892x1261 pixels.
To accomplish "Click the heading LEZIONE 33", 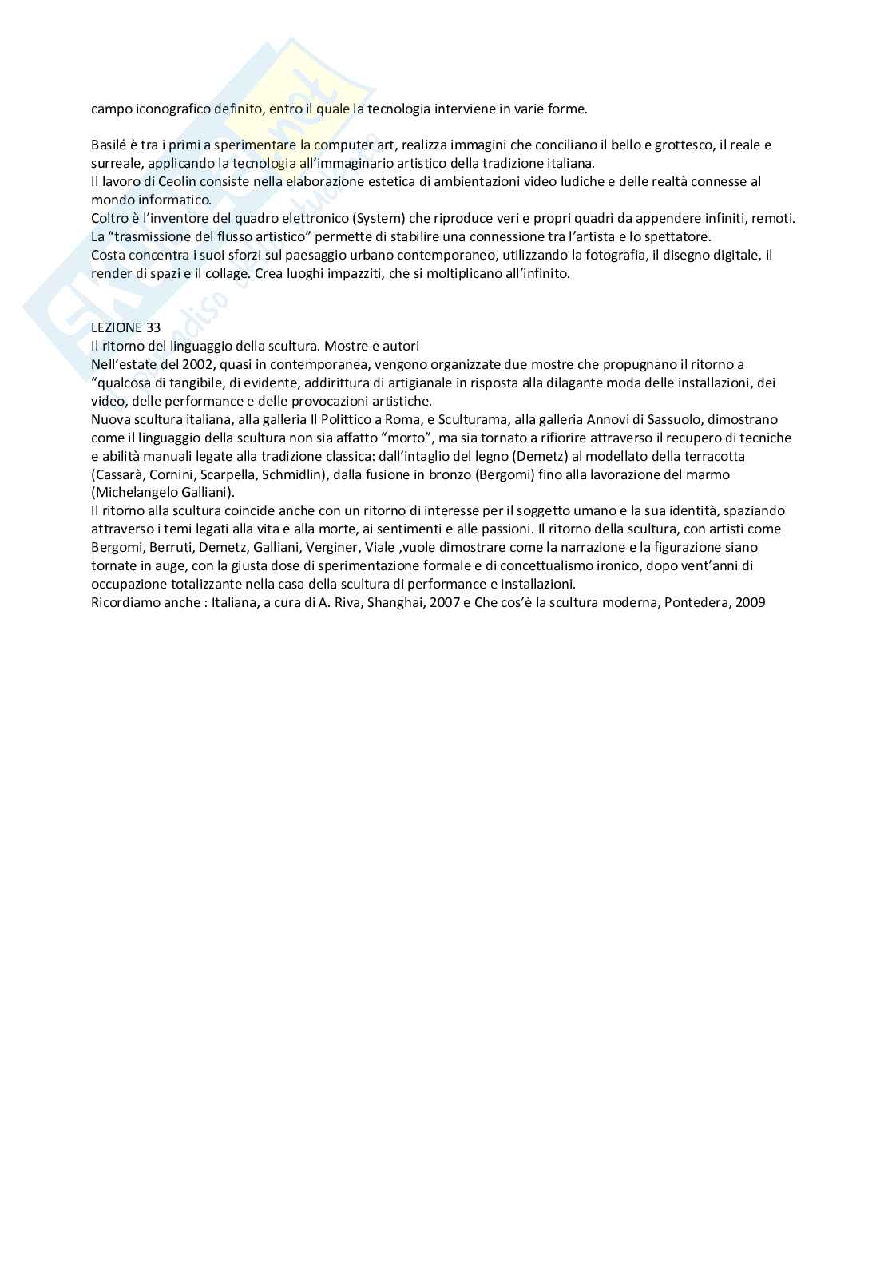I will point(126,327).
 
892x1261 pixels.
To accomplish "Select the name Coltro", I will point(109,218).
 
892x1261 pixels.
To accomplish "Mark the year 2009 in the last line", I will point(751,602).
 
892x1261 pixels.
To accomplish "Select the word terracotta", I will point(714,456).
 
